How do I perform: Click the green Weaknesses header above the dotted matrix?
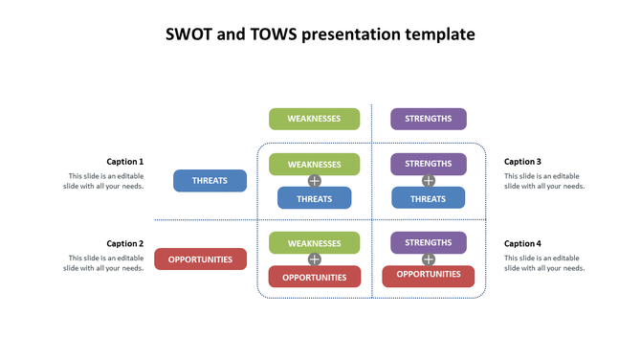(x=314, y=119)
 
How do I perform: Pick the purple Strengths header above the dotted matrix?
(x=428, y=119)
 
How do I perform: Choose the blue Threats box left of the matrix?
(x=210, y=180)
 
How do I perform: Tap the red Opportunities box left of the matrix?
(x=208, y=259)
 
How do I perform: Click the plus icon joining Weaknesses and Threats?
(x=314, y=181)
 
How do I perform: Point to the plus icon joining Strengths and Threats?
(x=428, y=181)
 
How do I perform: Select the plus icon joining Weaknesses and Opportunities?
(x=314, y=259)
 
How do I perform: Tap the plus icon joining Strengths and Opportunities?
(x=428, y=259)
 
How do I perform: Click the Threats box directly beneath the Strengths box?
(x=428, y=198)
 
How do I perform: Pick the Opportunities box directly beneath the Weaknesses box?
(x=314, y=277)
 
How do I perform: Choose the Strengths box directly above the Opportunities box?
(x=428, y=242)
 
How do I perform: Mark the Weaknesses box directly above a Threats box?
(x=314, y=164)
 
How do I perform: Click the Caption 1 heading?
(x=124, y=162)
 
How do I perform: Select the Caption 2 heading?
(x=124, y=244)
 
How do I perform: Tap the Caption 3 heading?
(x=522, y=162)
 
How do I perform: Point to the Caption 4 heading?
(x=522, y=244)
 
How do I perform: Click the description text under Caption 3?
(x=543, y=181)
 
